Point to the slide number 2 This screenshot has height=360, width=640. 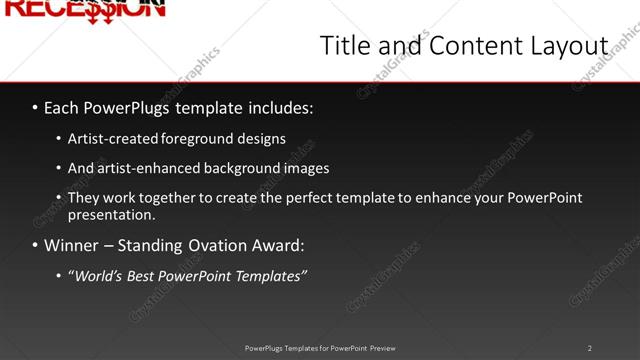click(x=590, y=348)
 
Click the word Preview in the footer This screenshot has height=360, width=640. click(x=382, y=348)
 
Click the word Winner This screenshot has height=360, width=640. click(x=72, y=245)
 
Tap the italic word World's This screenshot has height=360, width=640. click(x=99, y=275)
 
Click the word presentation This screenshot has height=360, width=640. click(x=110, y=214)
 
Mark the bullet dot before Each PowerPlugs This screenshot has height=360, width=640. click(x=35, y=105)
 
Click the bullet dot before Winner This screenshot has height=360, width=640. click(x=35, y=245)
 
